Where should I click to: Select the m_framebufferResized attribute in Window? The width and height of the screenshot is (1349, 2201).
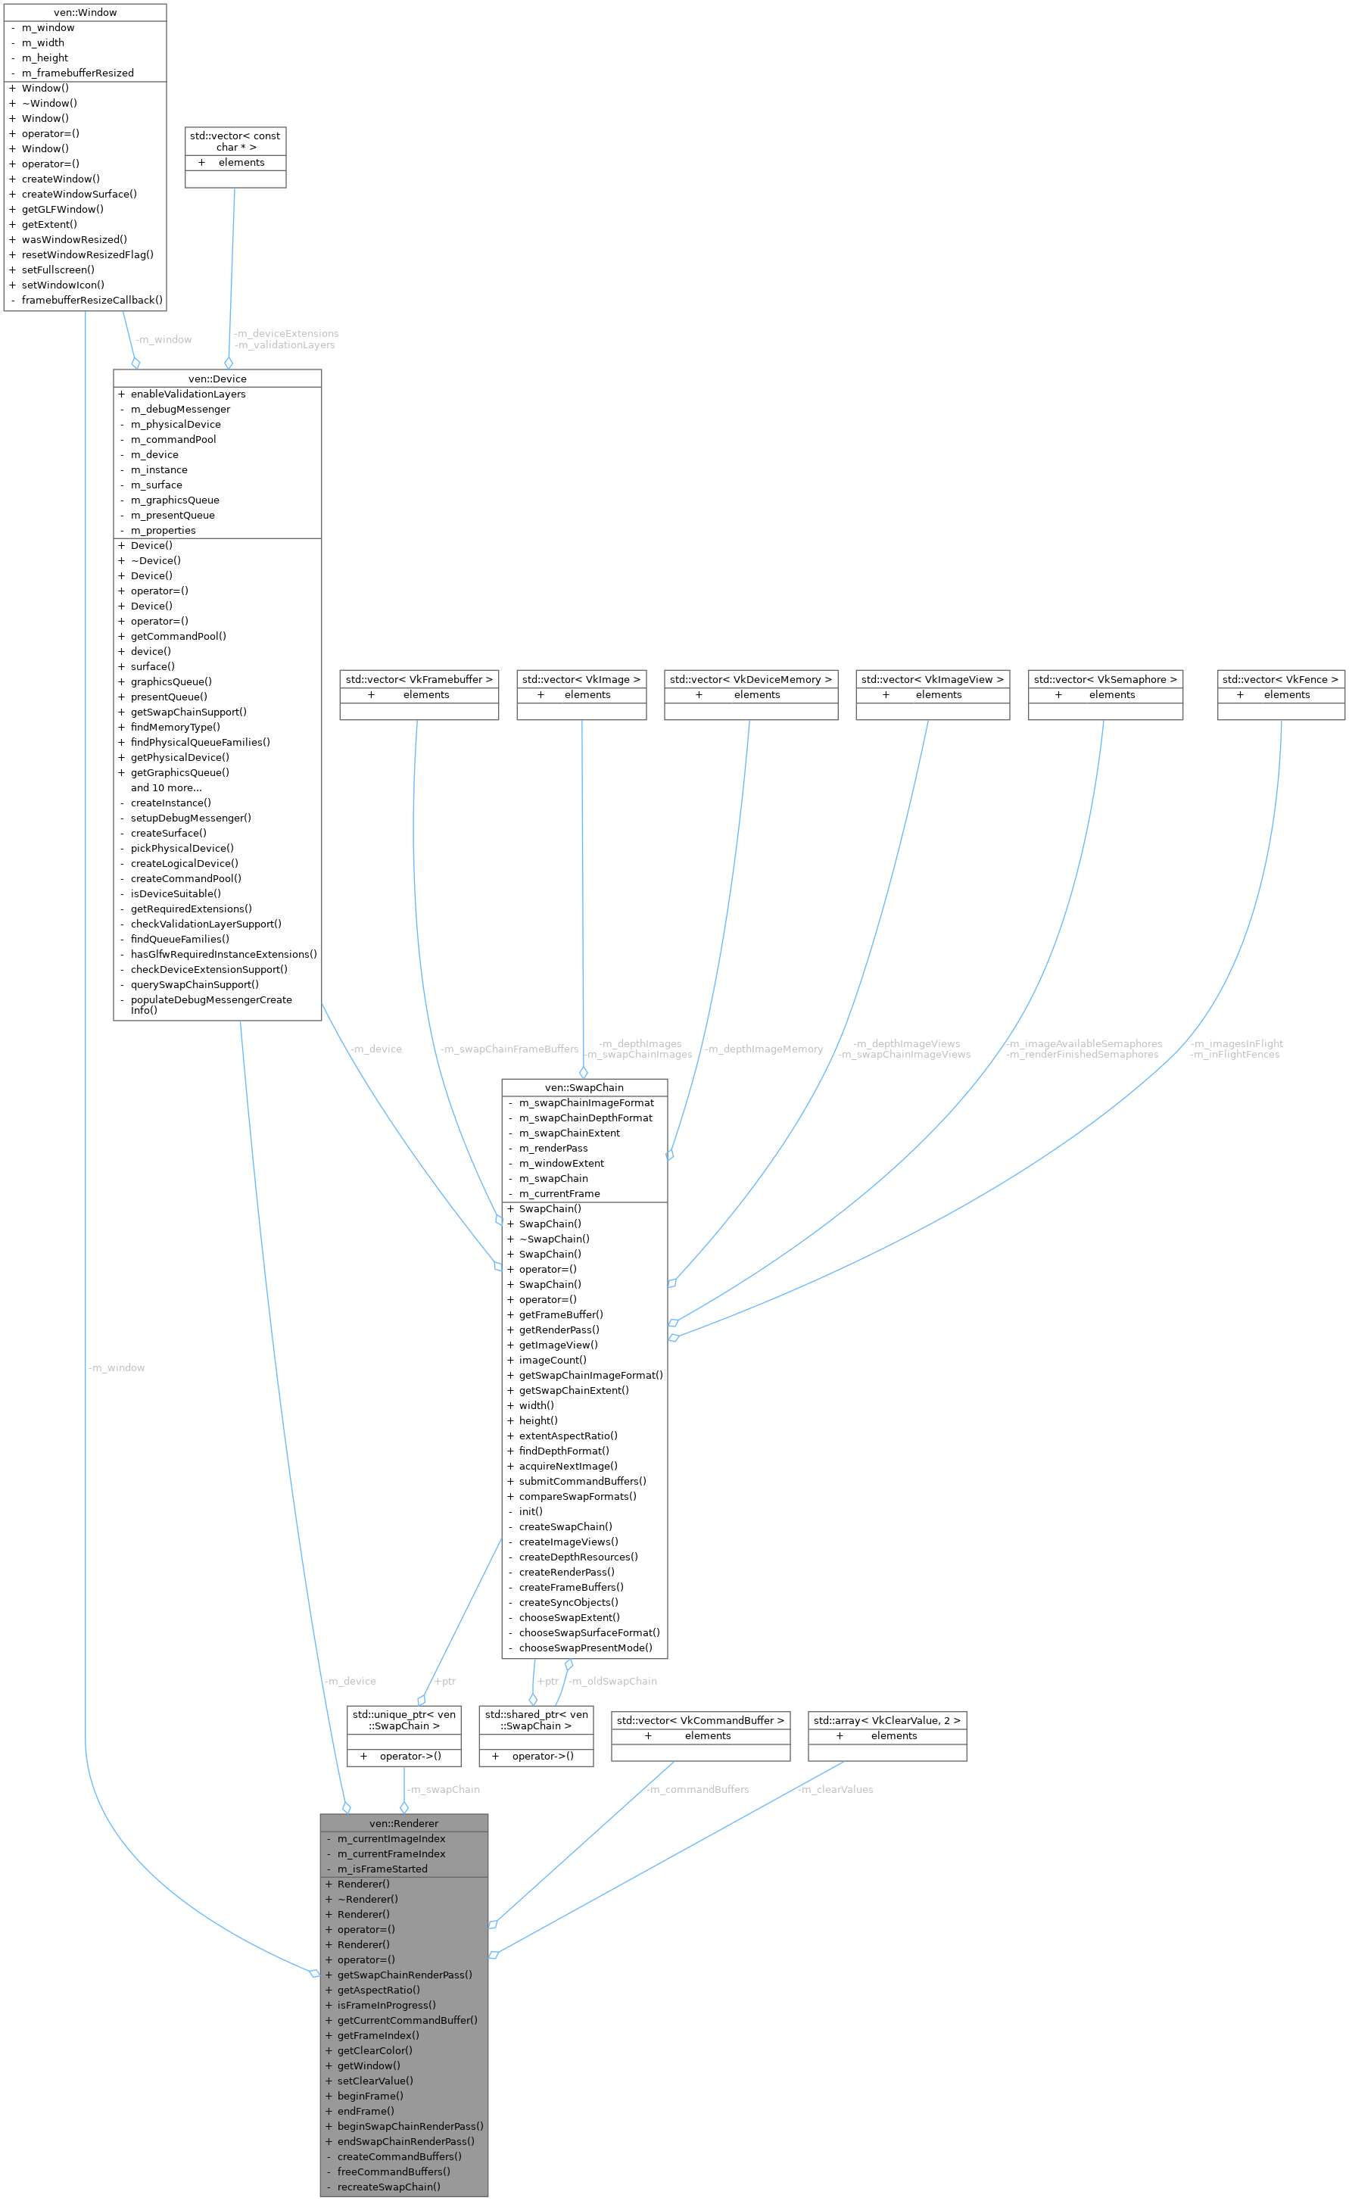(x=78, y=73)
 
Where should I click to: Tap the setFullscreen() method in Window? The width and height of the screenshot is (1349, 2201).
(x=58, y=270)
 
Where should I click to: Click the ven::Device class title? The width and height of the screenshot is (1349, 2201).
(x=217, y=379)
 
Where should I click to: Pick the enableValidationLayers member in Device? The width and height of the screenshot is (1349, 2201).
(x=188, y=394)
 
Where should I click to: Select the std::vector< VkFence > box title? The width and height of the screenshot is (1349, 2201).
(x=1280, y=680)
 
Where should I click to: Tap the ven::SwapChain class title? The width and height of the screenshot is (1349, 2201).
(x=584, y=1087)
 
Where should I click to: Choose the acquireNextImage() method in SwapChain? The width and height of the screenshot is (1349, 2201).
(x=569, y=1466)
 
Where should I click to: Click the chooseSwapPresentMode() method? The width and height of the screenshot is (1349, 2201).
(x=585, y=1648)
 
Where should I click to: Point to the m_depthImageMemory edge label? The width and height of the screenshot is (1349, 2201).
(x=765, y=1049)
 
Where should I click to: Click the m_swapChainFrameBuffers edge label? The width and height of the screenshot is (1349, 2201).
(x=510, y=1049)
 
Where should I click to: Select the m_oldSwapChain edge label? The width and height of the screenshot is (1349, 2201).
(x=615, y=1681)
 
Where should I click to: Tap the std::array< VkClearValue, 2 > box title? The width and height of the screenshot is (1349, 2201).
(x=887, y=1720)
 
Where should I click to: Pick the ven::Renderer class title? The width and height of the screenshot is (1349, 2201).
(x=403, y=1823)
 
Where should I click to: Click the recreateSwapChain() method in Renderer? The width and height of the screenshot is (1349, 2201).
(x=388, y=2187)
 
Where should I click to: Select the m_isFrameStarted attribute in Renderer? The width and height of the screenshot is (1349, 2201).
(x=382, y=1869)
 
